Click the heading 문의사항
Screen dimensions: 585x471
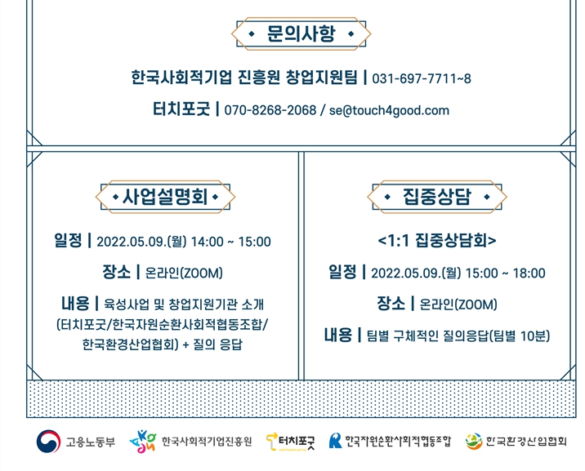tap(301, 33)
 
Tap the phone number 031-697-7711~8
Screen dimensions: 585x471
tap(422, 78)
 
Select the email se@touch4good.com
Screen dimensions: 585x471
tap(389, 111)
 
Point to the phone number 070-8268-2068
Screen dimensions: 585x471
tap(270, 110)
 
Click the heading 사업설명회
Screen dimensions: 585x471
tap(165, 197)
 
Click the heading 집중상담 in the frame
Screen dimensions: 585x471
tap(437, 197)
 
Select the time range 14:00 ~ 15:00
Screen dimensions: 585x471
tap(231, 242)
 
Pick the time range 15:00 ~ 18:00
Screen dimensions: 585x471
tap(506, 273)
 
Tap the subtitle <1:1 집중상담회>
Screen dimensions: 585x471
tap(437, 240)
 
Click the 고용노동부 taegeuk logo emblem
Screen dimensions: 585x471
tap(48, 442)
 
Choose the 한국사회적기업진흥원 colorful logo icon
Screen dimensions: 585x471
tap(142, 442)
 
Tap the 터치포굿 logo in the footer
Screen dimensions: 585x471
tap(290, 442)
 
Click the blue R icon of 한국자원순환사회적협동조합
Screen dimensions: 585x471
tap(335, 441)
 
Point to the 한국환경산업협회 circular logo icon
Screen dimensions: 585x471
tap(474, 441)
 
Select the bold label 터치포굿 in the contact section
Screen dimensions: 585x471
tap(181, 109)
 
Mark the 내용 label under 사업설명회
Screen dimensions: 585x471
tap(75, 304)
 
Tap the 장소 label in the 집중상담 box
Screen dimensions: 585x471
tap(391, 304)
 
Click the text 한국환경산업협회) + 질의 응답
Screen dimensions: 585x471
tap(163, 344)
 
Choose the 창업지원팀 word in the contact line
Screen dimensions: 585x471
tap(322, 78)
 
